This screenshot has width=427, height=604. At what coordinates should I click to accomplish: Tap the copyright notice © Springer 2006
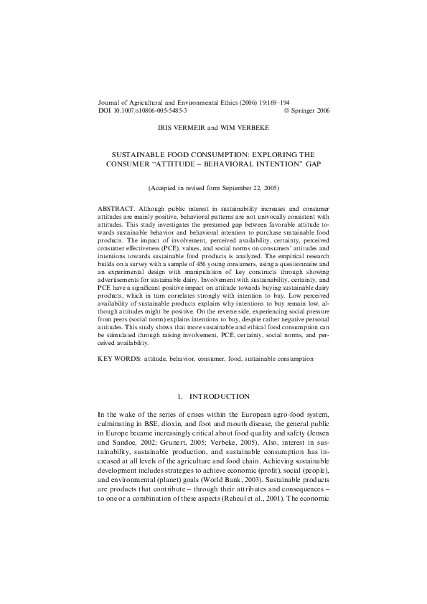click(306, 111)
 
